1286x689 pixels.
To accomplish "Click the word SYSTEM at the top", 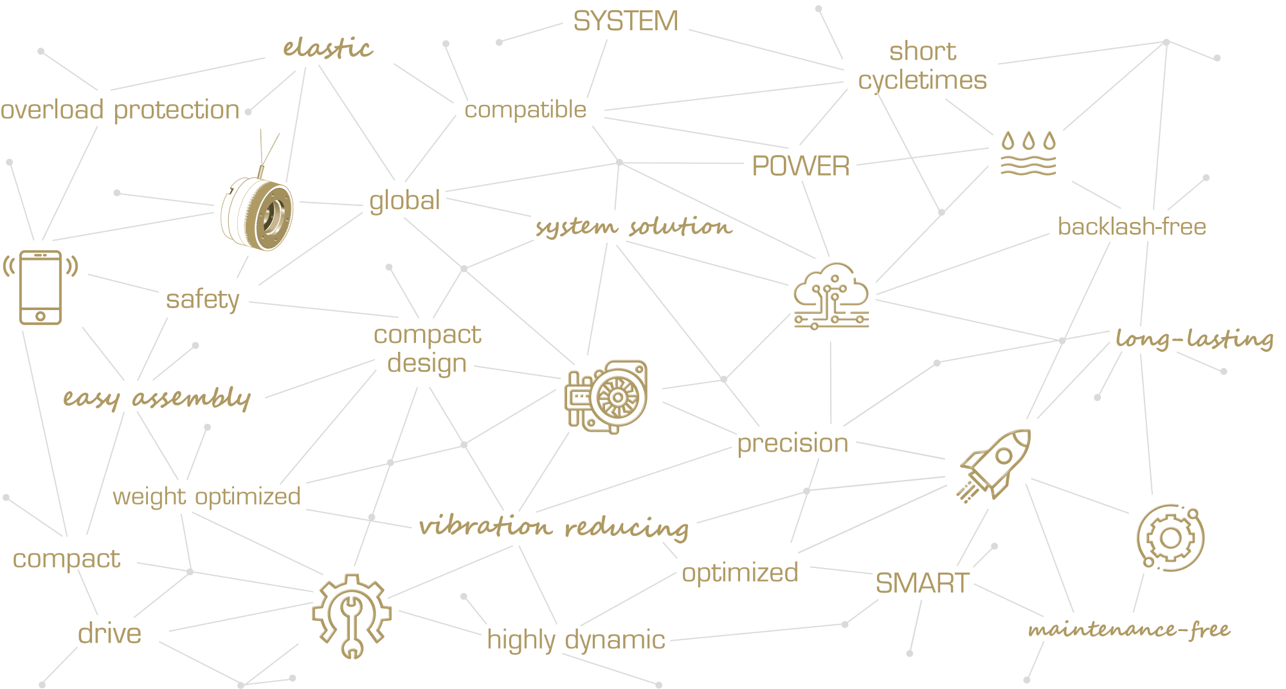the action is coord(626,21).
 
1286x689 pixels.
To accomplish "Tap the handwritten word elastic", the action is coord(328,48).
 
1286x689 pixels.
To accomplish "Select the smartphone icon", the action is coord(41,288).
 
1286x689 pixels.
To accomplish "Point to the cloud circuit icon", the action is coord(831,296).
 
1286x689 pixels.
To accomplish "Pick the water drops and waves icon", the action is coord(1028,153).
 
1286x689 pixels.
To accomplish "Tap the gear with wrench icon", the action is coord(352,616).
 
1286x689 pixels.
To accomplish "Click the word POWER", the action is coord(801,166).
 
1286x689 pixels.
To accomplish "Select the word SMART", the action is coord(922,583).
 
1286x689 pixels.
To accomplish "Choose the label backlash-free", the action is coord(1132,226).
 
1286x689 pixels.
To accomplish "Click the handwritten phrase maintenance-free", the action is coord(1129,629).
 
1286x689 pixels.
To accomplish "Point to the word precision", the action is coord(792,444).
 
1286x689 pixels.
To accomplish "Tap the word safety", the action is coord(203,299).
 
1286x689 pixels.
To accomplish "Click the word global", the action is coord(404,201).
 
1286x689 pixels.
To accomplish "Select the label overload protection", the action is coord(120,110).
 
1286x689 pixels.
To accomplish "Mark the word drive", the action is coord(109,634).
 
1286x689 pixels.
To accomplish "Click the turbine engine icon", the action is coord(606,397).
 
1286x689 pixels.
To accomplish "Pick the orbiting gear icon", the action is coord(1170,538).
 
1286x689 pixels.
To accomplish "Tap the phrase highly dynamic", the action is coord(576,640).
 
